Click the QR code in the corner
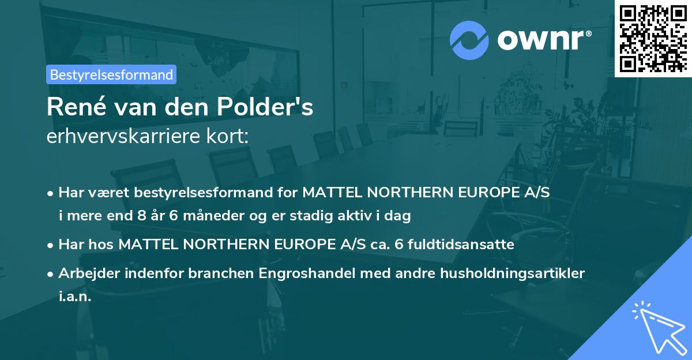click(x=653, y=38)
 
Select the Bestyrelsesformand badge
click(x=111, y=74)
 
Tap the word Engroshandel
click(x=292, y=273)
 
